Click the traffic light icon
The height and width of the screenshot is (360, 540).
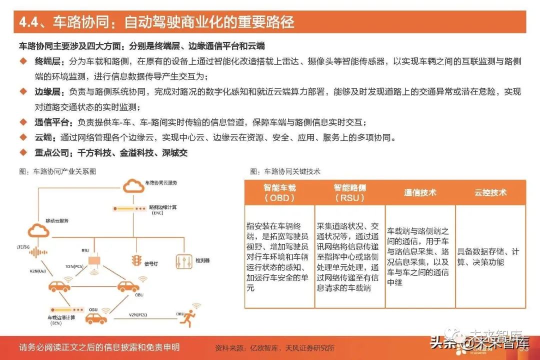coord(135,261)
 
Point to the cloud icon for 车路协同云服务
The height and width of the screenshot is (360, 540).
coord(132,186)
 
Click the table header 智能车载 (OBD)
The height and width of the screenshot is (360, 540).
coord(279,192)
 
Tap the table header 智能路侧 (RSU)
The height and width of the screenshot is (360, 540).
coord(349,192)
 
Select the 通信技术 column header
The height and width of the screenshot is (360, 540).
coord(420,192)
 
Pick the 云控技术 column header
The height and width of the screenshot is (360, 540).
coord(490,192)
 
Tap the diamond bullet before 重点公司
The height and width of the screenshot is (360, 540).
coord(22,152)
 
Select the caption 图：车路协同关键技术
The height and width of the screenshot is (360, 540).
coord(285,171)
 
